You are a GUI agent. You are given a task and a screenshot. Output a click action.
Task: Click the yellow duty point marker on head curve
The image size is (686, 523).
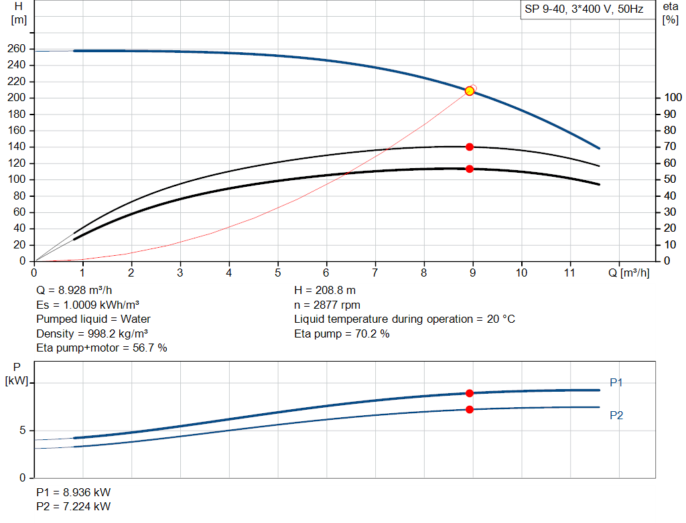470,91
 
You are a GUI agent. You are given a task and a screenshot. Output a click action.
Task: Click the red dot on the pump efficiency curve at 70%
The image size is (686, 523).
470,147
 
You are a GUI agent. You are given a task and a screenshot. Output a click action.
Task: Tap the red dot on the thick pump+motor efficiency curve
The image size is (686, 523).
470,169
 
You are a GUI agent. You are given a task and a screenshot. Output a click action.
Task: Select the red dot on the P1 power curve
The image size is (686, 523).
470,393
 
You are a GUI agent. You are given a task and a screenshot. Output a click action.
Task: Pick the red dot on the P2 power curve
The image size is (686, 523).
470,409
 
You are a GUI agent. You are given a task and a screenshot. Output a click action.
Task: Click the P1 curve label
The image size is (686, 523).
616,382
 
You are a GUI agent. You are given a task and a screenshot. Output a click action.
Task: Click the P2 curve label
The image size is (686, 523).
616,415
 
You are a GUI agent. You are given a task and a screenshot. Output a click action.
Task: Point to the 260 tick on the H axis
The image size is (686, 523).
17,49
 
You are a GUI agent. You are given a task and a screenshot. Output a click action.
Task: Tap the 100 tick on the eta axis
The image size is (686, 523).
671,98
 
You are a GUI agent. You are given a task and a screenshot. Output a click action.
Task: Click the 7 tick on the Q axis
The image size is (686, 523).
375,273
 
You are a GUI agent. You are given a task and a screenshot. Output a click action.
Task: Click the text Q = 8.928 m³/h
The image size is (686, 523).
74,291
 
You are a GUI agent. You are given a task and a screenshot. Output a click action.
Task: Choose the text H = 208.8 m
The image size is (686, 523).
326,291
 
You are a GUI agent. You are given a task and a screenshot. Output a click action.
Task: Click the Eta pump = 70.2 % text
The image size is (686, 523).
342,333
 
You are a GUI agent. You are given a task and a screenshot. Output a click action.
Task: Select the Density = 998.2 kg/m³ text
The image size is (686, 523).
92,333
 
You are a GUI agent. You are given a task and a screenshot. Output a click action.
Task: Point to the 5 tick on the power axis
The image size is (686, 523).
22,431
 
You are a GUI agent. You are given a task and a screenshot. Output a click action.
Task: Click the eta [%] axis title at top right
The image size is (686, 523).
670,13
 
